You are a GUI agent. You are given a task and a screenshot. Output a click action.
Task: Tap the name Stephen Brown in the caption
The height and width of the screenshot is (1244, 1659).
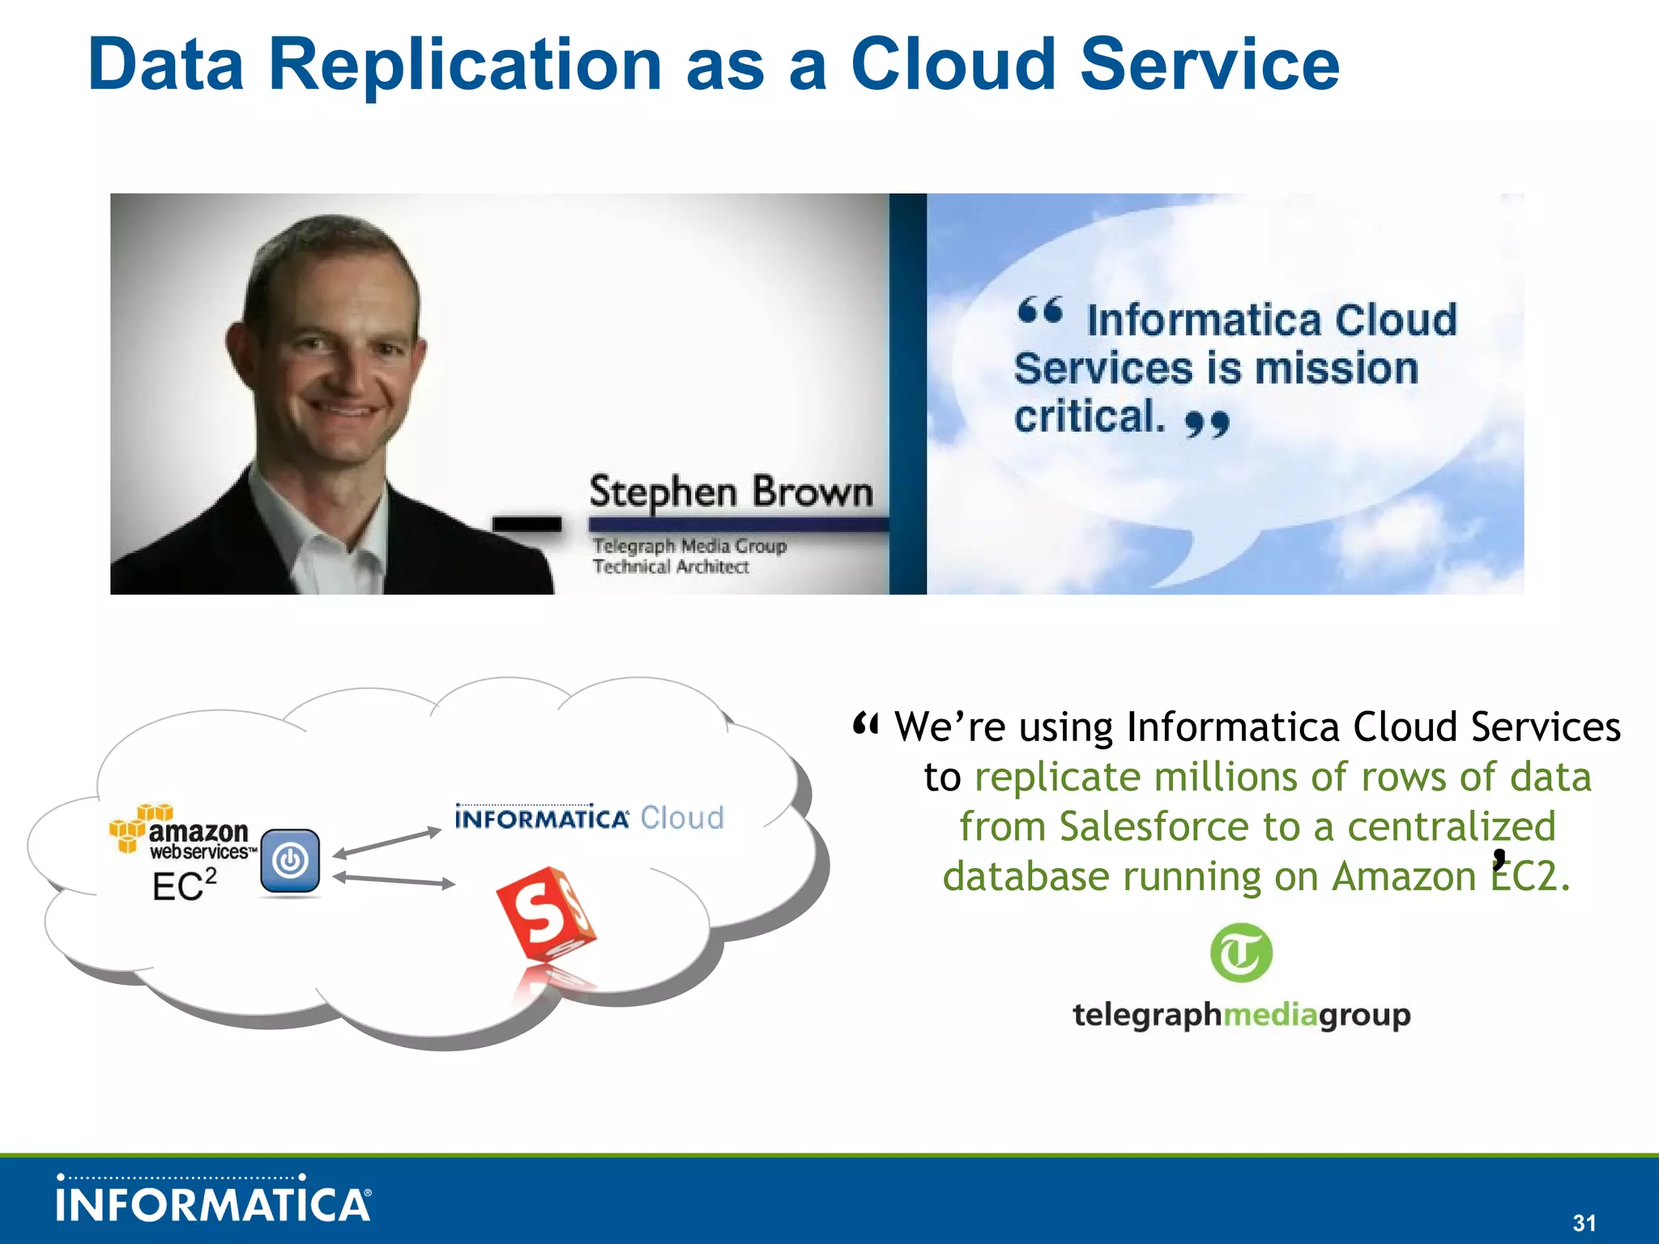(731, 492)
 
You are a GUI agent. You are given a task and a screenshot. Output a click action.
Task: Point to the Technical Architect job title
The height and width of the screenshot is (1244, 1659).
(671, 567)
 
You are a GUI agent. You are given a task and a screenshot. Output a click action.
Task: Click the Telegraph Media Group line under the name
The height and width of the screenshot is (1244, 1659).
(689, 546)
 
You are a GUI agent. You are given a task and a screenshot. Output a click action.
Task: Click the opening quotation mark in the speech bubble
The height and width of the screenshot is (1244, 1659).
(1040, 310)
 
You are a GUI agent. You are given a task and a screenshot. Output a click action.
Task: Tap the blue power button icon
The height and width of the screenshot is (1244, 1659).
(290, 861)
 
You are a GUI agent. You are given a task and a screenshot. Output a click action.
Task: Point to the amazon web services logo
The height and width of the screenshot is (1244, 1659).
(182, 832)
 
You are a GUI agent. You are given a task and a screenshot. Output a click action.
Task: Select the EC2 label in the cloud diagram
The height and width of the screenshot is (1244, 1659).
(185, 885)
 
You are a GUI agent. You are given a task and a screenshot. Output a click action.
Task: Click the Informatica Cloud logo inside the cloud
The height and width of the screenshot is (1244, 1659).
(589, 818)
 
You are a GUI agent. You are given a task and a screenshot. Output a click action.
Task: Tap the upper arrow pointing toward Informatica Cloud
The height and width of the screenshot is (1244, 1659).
(387, 842)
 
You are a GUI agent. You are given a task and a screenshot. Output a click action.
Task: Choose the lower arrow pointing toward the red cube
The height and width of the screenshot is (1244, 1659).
(394, 880)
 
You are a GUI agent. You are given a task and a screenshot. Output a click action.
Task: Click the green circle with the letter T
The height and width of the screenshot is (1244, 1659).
(1241, 952)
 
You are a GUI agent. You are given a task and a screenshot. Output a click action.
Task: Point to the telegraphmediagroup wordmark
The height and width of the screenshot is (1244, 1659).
(1241, 1014)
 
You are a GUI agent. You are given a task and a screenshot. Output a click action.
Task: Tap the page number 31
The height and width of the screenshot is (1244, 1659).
(1584, 1222)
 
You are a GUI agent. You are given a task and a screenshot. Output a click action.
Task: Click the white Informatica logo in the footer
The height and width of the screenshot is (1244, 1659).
(214, 1202)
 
